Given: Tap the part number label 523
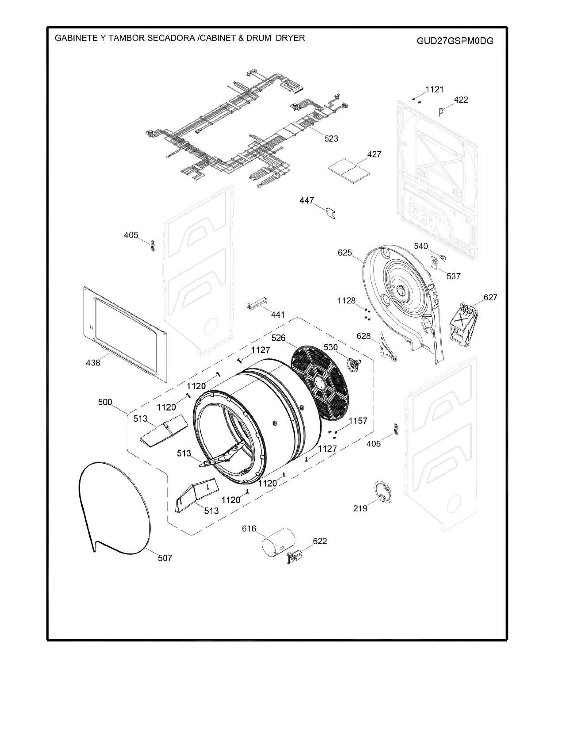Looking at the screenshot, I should tap(331, 138).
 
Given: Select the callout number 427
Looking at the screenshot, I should tap(374, 154).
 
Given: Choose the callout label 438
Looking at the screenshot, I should tap(93, 363).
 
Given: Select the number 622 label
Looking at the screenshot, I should tap(320, 541).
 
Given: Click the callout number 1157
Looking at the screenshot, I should tap(358, 421).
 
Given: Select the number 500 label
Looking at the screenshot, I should tap(105, 402).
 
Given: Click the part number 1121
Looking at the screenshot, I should tap(434, 90).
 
